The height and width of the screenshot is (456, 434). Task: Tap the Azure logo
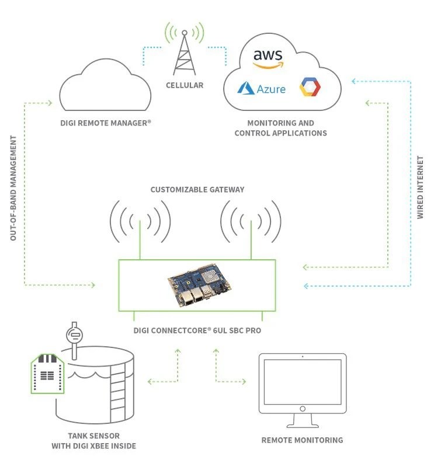(262, 89)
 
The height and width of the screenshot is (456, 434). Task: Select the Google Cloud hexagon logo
(310, 88)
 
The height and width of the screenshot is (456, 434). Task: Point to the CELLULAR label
(185, 85)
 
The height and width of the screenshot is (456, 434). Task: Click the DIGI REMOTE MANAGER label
(106, 124)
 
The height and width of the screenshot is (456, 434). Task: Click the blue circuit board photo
(199, 286)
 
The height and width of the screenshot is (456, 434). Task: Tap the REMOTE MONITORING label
(302, 440)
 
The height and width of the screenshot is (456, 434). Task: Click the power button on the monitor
(302, 409)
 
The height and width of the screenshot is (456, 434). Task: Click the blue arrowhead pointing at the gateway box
(306, 286)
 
